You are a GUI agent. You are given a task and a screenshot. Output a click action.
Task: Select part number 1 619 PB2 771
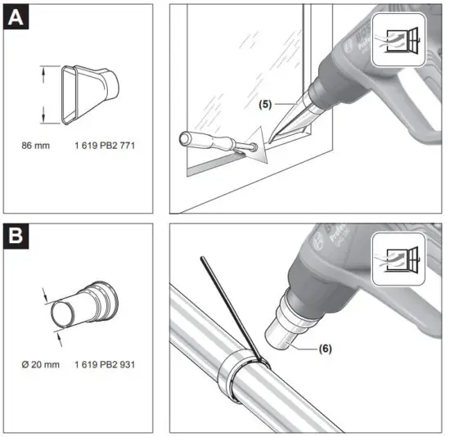click(103, 145)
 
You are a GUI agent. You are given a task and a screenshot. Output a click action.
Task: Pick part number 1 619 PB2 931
click(104, 362)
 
